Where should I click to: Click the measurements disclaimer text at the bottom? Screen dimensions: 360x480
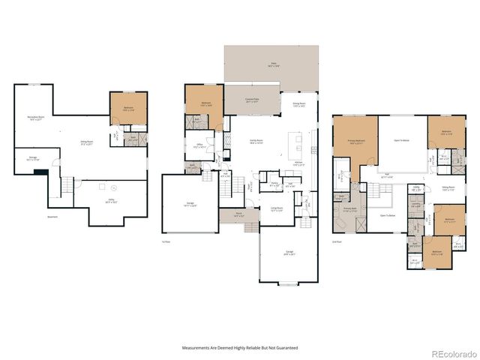coord(240,348)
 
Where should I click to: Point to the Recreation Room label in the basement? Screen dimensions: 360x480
coord(35,118)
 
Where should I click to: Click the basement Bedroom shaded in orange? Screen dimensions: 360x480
coord(128,109)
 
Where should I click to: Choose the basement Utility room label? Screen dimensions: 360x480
coord(110,201)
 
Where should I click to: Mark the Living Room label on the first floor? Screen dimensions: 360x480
coord(276,209)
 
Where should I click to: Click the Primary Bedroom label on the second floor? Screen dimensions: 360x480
coord(355,141)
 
